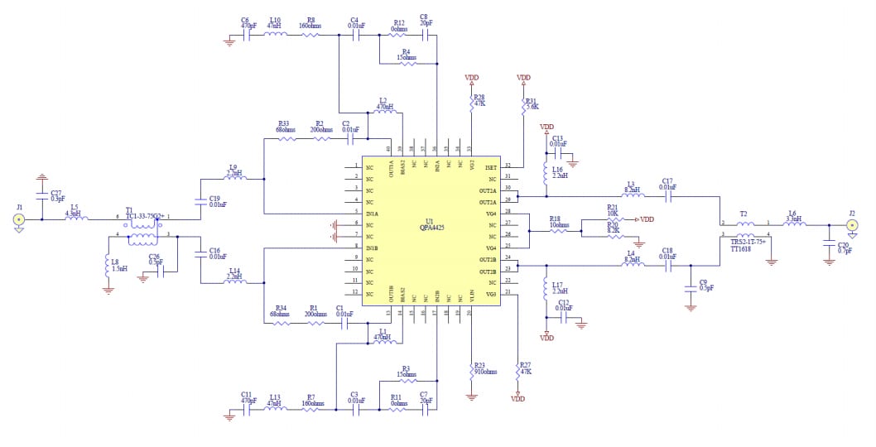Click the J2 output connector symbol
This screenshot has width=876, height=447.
pos(852,224)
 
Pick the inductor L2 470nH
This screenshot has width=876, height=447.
pos(383,113)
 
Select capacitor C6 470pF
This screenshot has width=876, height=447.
pos(246,36)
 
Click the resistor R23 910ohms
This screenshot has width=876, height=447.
pos(471,368)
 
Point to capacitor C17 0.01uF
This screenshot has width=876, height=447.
pos(667,197)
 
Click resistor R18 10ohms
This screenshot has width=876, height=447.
pos(560,230)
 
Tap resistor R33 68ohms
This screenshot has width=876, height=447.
pos(286,139)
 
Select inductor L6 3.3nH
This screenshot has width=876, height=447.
pos(792,224)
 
